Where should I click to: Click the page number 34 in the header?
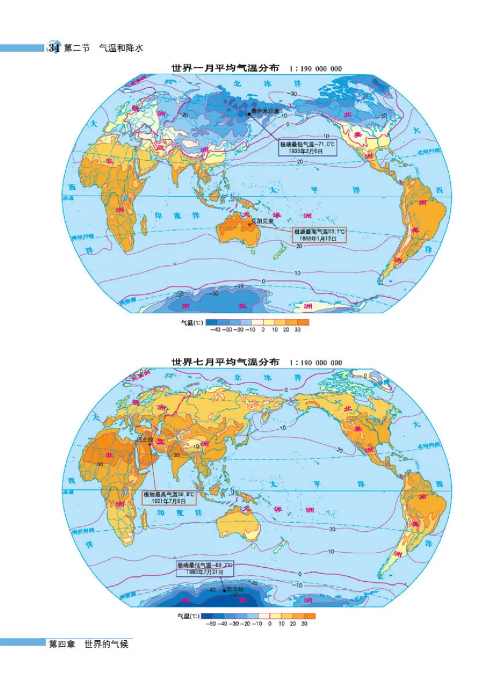pos(53,47)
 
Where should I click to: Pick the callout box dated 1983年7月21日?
pos(205,569)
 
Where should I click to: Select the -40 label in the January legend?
pos(214,329)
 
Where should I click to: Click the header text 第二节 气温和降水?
pos(102,47)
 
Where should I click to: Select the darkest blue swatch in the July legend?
pos(206,615)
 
